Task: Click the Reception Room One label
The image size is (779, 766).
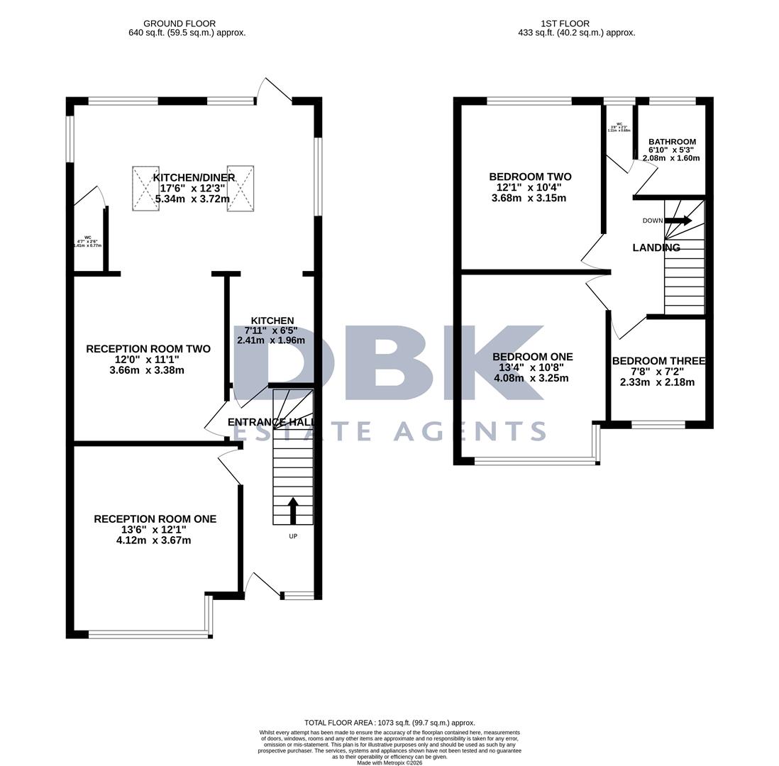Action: tap(155, 519)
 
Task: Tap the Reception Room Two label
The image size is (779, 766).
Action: tap(148, 349)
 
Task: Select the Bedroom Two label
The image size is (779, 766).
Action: tap(530, 177)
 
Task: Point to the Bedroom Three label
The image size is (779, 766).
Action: tap(658, 361)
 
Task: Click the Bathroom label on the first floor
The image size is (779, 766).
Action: tap(672, 142)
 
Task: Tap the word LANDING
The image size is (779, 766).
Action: tap(656, 248)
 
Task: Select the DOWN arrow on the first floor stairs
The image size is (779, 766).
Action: tap(678, 221)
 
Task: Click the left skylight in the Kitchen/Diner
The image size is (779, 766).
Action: tap(145, 188)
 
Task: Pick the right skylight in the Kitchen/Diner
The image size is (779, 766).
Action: tap(240, 188)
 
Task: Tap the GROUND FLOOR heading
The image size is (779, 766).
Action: tap(179, 23)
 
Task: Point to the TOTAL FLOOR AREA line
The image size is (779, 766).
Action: tap(389, 723)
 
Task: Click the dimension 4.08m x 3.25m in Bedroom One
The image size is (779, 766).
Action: tap(531, 378)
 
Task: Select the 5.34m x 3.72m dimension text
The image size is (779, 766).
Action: tap(192, 199)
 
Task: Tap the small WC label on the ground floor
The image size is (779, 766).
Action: tap(88, 238)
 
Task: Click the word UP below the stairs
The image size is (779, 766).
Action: tap(293, 536)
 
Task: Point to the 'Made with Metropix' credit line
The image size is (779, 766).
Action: tap(389, 762)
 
